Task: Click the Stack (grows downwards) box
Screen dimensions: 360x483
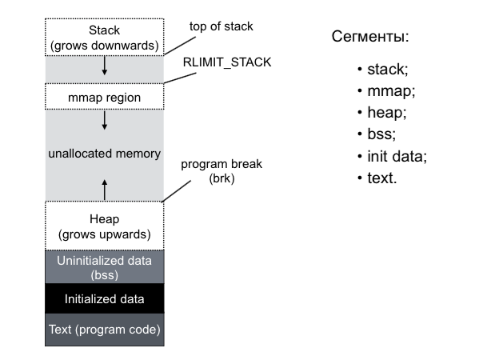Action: click(x=104, y=38)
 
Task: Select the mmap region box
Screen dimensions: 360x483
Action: click(x=104, y=98)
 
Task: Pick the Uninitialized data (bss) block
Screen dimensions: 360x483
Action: click(x=104, y=267)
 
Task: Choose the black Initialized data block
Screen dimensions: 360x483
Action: click(x=104, y=299)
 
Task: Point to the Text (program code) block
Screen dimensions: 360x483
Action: click(x=104, y=330)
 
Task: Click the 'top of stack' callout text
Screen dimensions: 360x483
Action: click(x=221, y=26)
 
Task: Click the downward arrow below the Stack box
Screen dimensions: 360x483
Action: click(x=105, y=67)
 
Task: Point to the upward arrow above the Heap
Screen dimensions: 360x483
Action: click(x=105, y=189)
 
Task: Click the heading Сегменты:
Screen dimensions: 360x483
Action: click(x=369, y=38)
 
